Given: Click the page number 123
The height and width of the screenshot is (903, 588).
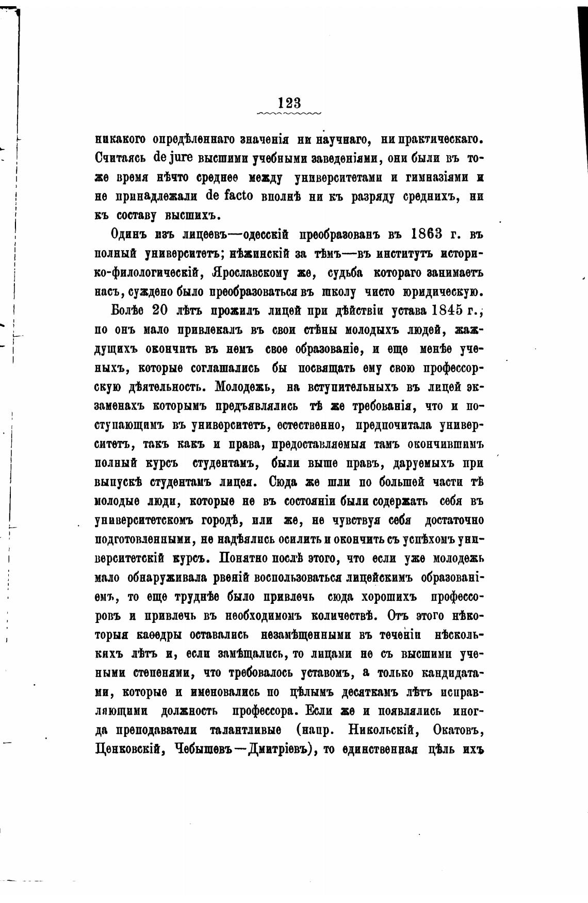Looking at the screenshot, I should [289, 102].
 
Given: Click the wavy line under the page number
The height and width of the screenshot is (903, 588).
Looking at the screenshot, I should [289, 112].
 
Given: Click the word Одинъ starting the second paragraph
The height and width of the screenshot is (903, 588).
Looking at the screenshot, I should [129, 235].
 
